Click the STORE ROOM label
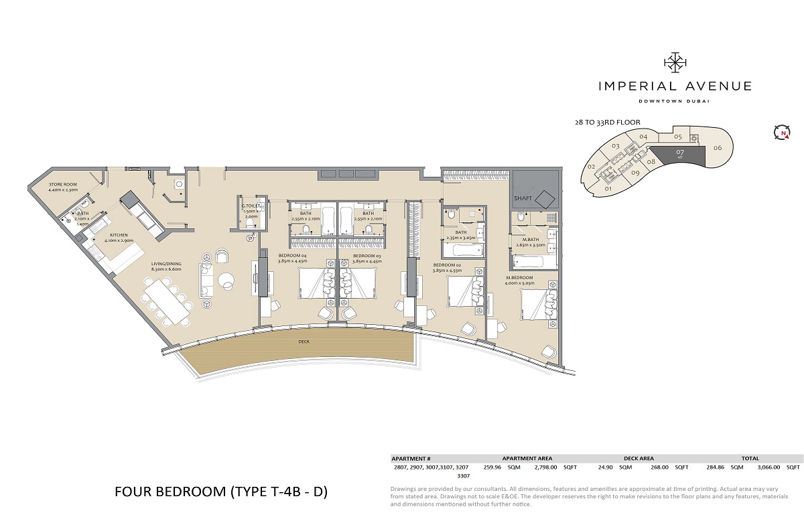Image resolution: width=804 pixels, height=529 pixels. (x=63, y=184)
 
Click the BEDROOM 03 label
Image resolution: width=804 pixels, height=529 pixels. (x=366, y=256)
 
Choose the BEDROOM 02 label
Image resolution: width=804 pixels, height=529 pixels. (x=427, y=266)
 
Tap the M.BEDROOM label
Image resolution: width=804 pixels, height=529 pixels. (x=519, y=277)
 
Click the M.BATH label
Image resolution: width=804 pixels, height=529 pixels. (x=532, y=239)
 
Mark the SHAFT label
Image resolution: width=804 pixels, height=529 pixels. (x=523, y=199)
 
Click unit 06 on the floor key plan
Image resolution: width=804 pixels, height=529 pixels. (x=717, y=147)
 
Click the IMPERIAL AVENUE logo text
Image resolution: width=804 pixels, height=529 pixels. (x=675, y=86)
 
